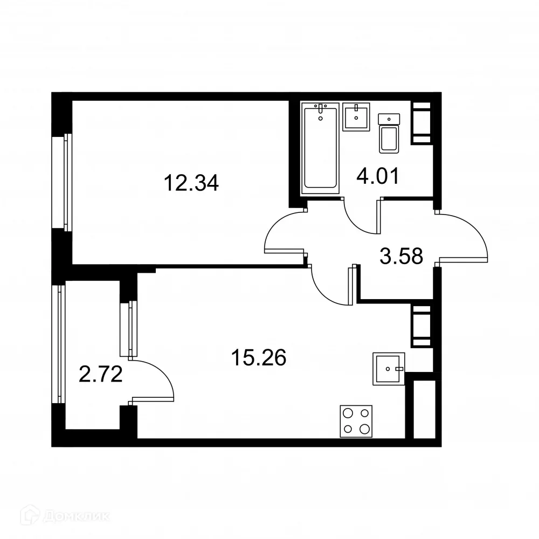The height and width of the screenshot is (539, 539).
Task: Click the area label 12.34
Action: (191, 184)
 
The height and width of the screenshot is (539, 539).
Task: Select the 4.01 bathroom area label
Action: (378, 176)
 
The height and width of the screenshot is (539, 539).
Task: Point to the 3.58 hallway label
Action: (400, 256)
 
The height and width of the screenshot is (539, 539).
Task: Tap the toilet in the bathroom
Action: (390, 135)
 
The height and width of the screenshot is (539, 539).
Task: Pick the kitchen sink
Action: (388, 369)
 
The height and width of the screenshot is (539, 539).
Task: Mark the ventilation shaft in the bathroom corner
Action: (421, 123)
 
